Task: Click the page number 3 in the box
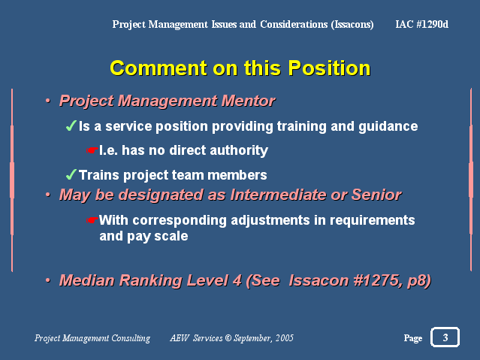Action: (x=445, y=337)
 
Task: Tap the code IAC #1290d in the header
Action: (x=422, y=24)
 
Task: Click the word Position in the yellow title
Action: (x=329, y=68)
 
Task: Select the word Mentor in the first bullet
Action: (x=249, y=101)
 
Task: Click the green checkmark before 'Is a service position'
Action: (x=71, y=126)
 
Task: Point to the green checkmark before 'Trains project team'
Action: (x=71, y=174)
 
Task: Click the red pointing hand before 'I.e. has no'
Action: (x=92, y=150)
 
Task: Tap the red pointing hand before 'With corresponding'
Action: (x=92, y=220)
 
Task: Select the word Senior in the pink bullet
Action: (x=376, y=195)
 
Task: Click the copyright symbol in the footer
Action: (x=228, y=338)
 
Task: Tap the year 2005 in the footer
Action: (x=285, y=338)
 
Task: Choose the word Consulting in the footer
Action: (x=131, y=338)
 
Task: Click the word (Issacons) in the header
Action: (x=352, y=24)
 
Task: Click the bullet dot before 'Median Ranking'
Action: (x=48, y=280)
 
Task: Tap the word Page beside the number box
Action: (x=413, y=338)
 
